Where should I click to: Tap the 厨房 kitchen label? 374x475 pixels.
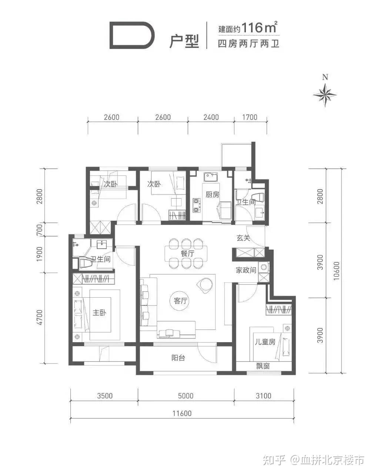(x=212, y=194)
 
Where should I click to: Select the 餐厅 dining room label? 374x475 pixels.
(x=187, y=253)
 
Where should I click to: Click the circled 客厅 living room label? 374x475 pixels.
(x=180, y=301)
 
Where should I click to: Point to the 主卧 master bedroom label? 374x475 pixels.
(x=99, y=312)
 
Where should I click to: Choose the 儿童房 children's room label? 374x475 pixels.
(x=265, y=342)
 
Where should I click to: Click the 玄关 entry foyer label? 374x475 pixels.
(x=243, y=238)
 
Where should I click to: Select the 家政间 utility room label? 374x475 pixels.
(x=246, y=270)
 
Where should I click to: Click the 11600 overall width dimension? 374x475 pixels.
(x=182, y=413)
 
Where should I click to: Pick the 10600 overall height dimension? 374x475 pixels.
(x=336, y=271)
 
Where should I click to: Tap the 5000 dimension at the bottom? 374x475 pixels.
(x=186, y=396)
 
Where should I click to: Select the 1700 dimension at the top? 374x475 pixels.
(x=250, y=117)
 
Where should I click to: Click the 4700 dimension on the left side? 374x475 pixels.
(x=39, y=317)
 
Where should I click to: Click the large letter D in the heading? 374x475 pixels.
(x=132, y=35)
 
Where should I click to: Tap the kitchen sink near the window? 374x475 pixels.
(x=211, y=177)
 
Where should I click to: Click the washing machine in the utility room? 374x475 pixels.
(x=264, y=267)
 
